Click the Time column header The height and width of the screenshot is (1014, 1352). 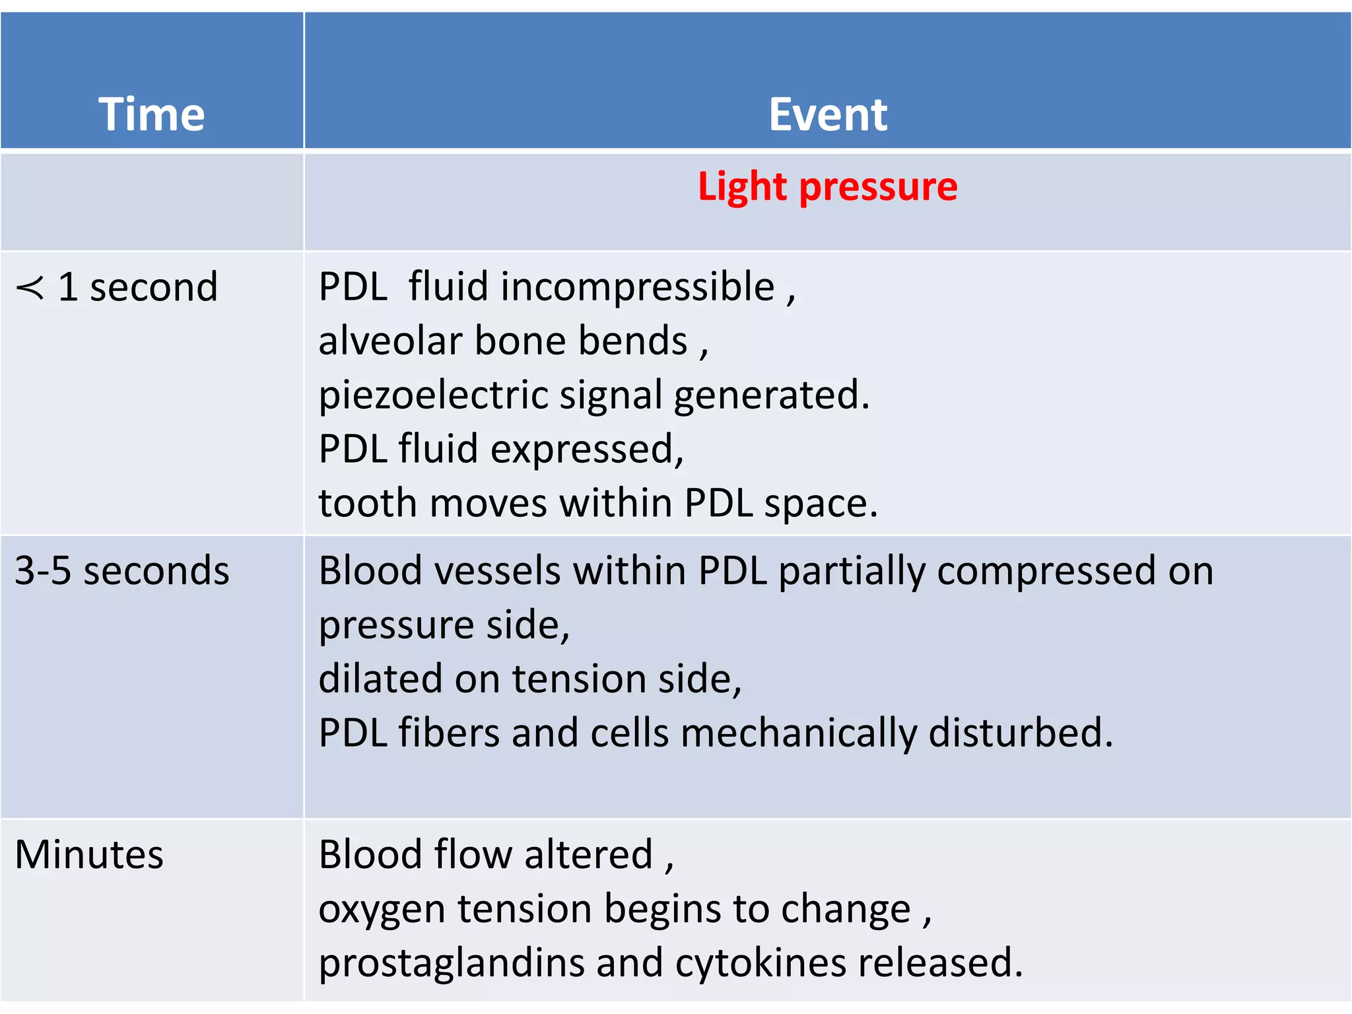pyautogui.click(x=152, y=114)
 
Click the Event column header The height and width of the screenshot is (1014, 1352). pyautogui.click(x=828, y=114)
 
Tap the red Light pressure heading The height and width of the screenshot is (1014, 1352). pyautogui.click(x=828, y=187)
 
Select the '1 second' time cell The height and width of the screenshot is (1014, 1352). pyautogui.click(x=137, y=287)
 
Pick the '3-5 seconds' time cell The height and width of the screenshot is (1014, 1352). pyautogui.click(x=122, y=570)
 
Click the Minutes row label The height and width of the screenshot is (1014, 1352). pyautogui.click(x=89, y=854)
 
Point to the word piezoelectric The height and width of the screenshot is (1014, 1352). pyautogui.click(x=433, y=396)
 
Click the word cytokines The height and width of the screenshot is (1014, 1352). pyautogui.click(x=760, y=963)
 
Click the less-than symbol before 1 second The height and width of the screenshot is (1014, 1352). pyautogui.click(x=30, y=288)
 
